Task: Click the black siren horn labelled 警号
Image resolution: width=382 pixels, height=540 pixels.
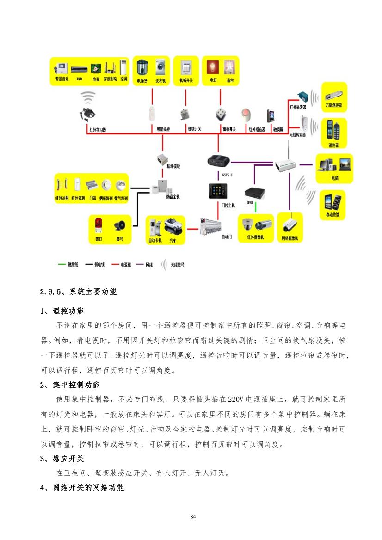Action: pyautogui.click(x=119, y=225)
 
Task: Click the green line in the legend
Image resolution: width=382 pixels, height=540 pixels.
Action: pyautogui.click(x=62, y=265)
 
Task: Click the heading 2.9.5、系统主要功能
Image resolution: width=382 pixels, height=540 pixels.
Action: pyautogui.click(x=79, y=292)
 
